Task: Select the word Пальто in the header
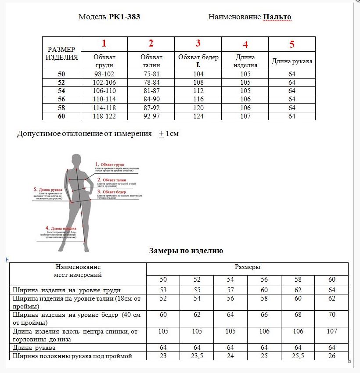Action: pos(277,17)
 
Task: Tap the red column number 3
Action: pos(198,43)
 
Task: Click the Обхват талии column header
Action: pos(151,61)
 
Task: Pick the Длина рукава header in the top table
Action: pos(292,61)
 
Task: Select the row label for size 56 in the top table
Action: pos(61,100)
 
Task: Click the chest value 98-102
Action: pos(104,74)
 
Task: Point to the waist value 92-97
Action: pos(151,116)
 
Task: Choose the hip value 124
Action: pos(198,116)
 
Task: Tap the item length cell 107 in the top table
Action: pos(245,116)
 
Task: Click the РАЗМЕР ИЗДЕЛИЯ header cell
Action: pos(62,53)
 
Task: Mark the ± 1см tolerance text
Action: pos(169,133)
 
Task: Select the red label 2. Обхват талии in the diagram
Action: pos(112,180)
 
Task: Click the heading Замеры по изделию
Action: pos(186,251)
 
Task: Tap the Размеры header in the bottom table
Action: pos(247,267)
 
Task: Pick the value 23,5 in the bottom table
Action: pos(197,356)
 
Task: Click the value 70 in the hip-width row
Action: pos(331,315)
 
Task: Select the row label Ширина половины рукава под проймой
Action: pos(72,356)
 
